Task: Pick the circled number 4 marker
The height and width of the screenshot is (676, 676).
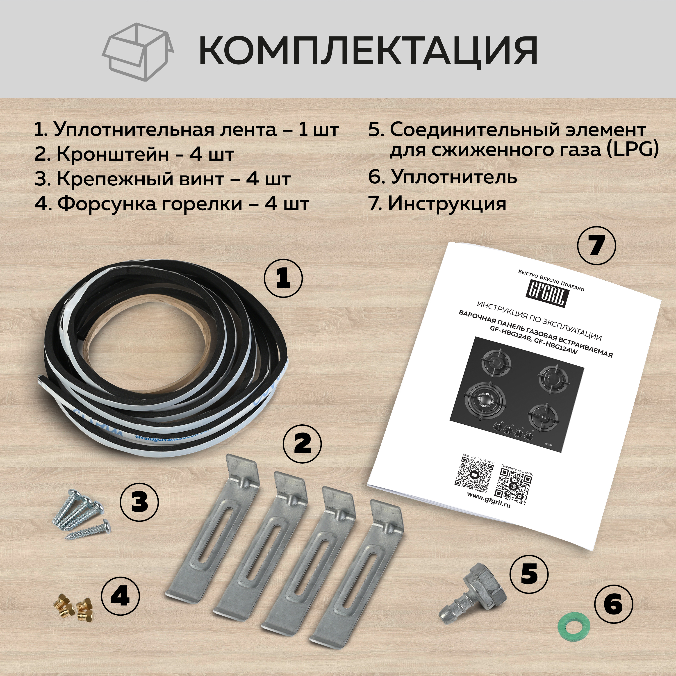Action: pyautogui.click(x=120, y=596)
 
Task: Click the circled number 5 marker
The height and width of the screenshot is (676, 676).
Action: pyautogui.click(x=529, y=573)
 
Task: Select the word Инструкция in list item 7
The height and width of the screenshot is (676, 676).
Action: pyautogui.click(x=447, y=203)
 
